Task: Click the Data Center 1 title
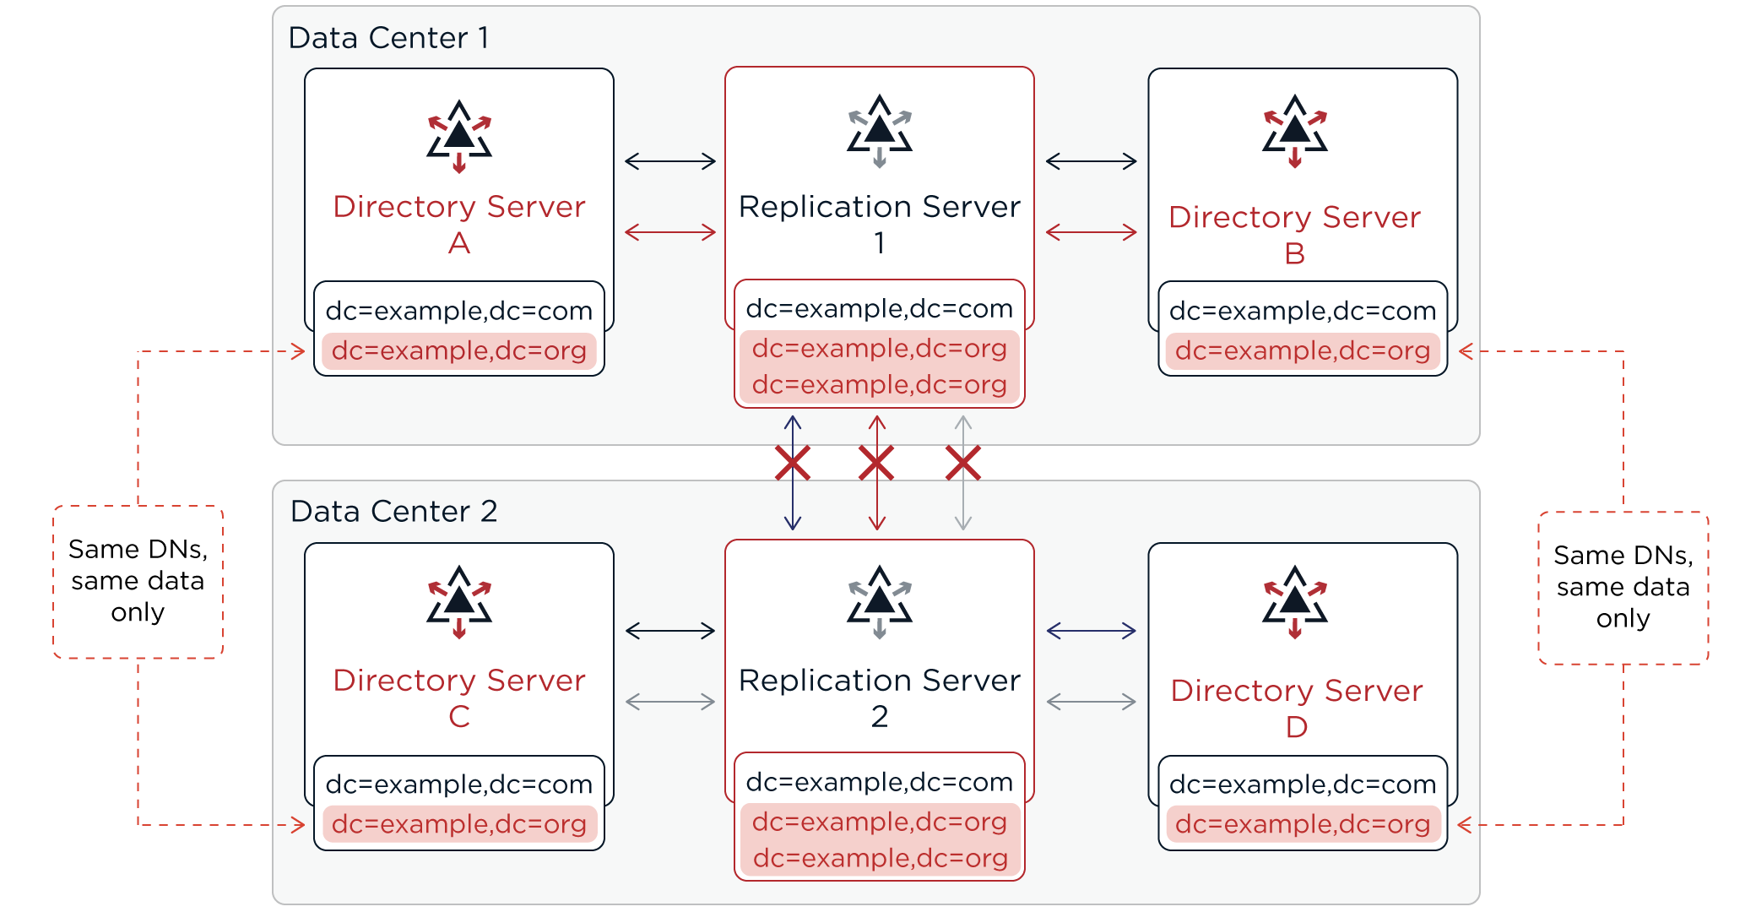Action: (x=388, y=38)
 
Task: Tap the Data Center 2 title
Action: (x=393, y=512)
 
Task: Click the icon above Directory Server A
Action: (x=459, y=137)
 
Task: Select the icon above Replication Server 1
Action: (x=880, y=131)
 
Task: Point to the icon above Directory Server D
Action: (x=1295, y=602)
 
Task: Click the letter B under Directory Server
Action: (x=1295, y=253)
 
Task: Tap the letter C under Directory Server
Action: (x=459, y=716)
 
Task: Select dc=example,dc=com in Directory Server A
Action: (x=459, y=311)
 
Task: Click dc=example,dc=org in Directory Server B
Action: (x=1303, y=350)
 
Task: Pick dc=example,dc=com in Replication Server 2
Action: (x=880, y=782)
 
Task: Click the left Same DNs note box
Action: (x=138, y=582)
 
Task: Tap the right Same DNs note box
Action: (x=1623, y=588)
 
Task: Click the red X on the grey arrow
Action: (x=963, y=464)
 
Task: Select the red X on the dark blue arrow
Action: (x=793, y=464)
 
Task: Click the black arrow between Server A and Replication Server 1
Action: (x=670, y=161)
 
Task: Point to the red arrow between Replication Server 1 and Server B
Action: (x=1092, y=232)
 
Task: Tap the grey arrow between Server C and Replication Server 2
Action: (x=670, y=701)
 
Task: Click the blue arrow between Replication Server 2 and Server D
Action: (x=1092, y=631)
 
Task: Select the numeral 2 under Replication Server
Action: (x=880, y=716)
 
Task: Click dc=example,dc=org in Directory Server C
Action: (x=459, y=824)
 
